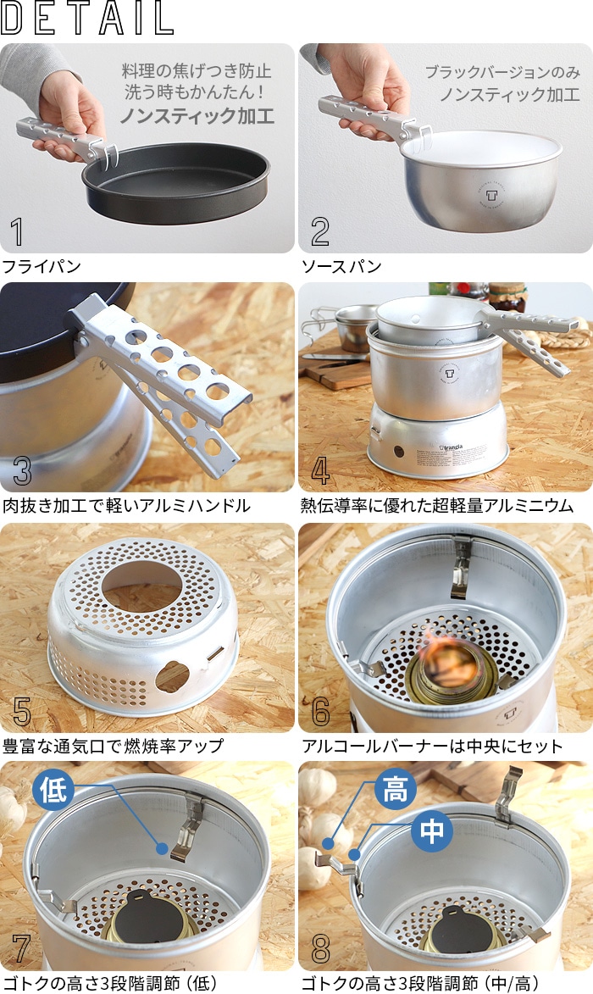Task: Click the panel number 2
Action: point(320,232)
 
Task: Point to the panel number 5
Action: point(22,712)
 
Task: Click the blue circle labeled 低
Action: point(53,791)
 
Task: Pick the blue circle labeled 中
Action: point(432,831)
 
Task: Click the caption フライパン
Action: point(42,267)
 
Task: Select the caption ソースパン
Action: point(342,267)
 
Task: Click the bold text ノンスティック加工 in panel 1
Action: point(197,116)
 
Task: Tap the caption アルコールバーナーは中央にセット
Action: point(432,747)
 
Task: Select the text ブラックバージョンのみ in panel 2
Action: point(502,72)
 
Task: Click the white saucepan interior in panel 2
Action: point(481,150)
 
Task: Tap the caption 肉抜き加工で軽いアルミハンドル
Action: point(126,506)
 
